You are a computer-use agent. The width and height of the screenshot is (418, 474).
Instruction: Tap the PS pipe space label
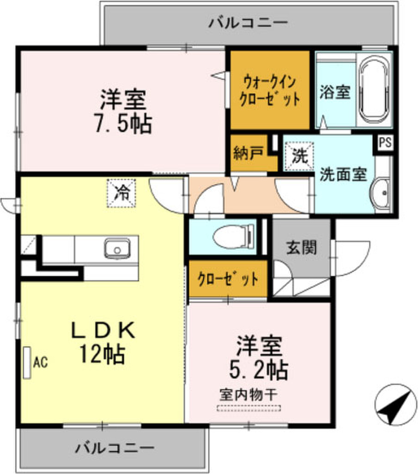point(385,142)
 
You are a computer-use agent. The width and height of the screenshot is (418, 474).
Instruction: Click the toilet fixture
point(234,237)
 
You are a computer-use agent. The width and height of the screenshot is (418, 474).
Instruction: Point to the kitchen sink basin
point(117,249)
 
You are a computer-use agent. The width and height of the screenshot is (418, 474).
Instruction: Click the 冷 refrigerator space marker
point(121,193)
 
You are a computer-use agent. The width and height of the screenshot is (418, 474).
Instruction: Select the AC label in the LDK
point(40,362)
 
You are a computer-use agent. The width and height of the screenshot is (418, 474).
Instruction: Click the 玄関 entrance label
point(301,247)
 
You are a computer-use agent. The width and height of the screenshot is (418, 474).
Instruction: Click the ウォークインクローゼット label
point(269,90)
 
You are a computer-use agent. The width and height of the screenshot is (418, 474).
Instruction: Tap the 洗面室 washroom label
point(343,174)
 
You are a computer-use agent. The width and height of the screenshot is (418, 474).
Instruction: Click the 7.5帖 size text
point(124,124)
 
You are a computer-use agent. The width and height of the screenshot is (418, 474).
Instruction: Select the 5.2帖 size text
point(259,370)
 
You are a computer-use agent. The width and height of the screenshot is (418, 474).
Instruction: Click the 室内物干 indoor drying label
point(249,394)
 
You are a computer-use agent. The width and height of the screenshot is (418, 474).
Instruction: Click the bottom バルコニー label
point(115,448)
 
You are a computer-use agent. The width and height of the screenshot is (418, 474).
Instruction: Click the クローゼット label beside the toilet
point(228,279)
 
